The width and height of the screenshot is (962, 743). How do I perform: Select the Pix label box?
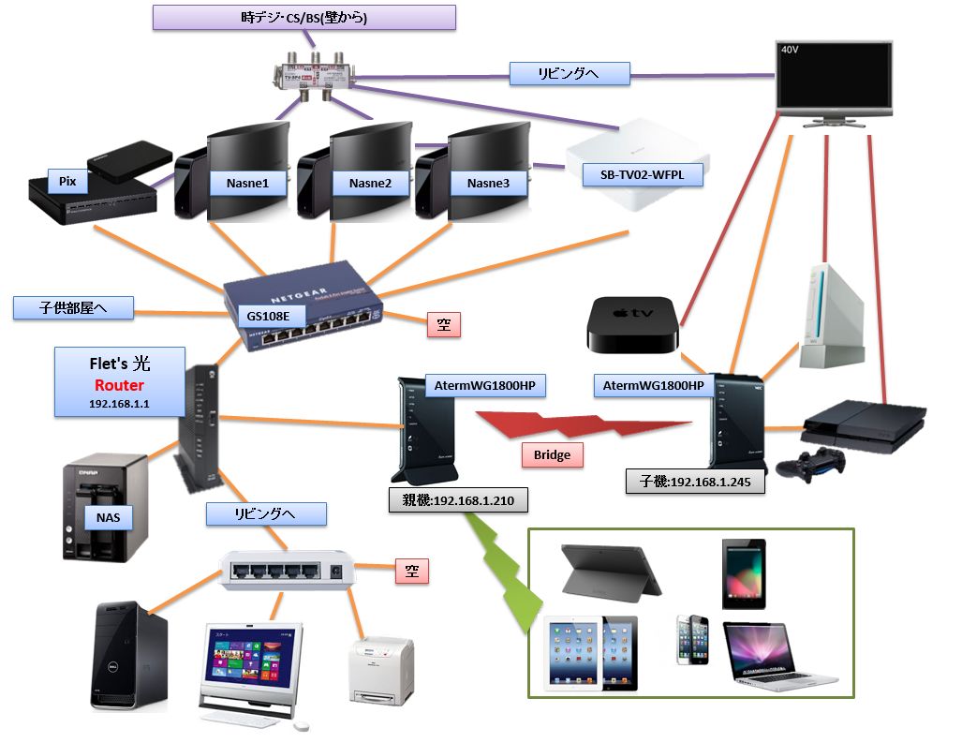tap(67, 182)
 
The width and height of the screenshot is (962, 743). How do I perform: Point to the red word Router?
tap(119, 386)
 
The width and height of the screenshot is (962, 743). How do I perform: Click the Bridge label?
tap(552, 455)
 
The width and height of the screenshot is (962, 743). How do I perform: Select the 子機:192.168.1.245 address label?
tap(695, 482)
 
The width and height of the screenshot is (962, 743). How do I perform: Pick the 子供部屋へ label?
tap(73, 307)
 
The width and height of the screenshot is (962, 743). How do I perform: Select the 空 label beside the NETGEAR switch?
tap(443, 325)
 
